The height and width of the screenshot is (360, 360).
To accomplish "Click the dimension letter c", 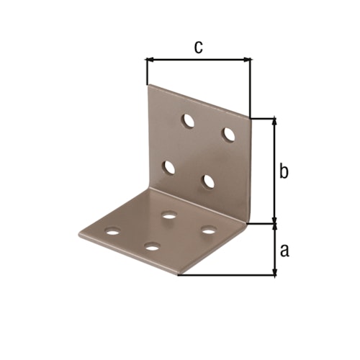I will pyautogui.click(x=199, y=47).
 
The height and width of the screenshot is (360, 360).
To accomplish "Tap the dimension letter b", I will pyautogui.click(x=284, y=171).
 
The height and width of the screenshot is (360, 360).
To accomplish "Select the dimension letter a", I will pyautogui.click(x=284, y=250).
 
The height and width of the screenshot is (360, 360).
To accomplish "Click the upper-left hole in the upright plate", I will pyautogui.click(x=187, y=120).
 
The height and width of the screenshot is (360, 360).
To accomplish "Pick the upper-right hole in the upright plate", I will pyautogui.click(x=229, y=134).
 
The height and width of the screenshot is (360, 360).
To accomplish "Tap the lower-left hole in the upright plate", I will pyautogui.click(x=169, y=167).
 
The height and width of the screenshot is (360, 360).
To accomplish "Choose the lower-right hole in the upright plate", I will pyautogui.click(x=209, y=181).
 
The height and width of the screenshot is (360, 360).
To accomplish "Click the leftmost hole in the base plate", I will pyautogui.click(x=112, y=233).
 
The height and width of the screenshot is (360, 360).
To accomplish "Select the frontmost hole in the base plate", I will pyautogui.click(x=151, y=247).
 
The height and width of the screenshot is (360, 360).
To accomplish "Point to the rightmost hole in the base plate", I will pyautogui.click(x=209, y=230).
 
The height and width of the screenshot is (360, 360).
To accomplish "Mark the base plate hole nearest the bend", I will pyautogui.click(x=170, y=215).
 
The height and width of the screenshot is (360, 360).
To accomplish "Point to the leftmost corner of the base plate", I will pyautogui.click(x=78, y=233).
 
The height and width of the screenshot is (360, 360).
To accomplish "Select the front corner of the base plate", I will pyautogui.click(x=177, y=274).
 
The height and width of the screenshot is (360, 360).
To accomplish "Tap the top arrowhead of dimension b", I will pyautogui.click(x=274, y=122).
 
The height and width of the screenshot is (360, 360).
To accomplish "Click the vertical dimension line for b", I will pyautogui.click(x=274, y=171).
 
